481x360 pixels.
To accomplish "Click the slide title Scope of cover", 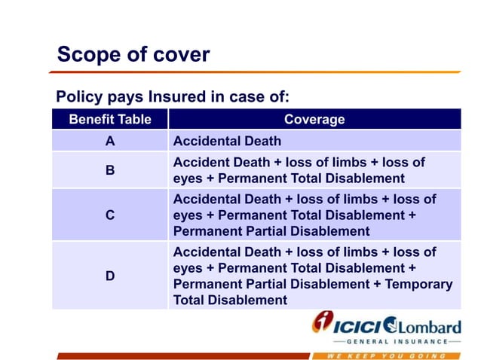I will point(133,55).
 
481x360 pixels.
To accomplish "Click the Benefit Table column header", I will point(109,119).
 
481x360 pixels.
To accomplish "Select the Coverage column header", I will point(314,119).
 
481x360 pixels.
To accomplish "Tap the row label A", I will point(110,141).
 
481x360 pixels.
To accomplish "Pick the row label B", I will point(110,170).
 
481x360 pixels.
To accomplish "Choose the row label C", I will point(110,215).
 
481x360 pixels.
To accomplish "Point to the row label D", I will point(110,276).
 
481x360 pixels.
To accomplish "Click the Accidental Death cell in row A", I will point(227,141).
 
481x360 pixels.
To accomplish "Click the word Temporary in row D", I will point(418,284).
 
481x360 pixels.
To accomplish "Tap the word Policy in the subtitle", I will point(78,96).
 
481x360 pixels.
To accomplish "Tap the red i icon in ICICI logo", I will point(322,325).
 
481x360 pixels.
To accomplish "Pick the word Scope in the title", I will point(84,55).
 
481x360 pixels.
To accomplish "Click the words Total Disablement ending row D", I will point(230,300).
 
